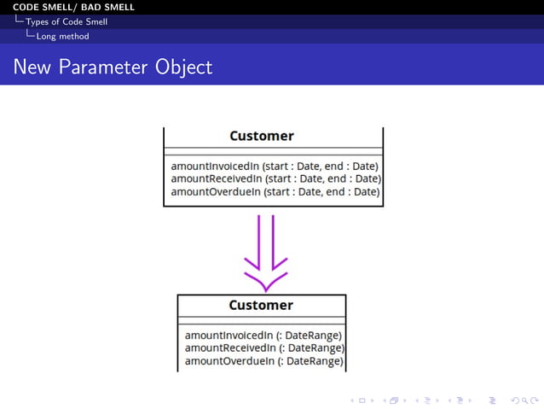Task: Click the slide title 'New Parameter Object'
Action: (113, 67)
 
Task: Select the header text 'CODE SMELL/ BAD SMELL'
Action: (73, 8)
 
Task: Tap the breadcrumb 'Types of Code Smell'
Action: (67, 21)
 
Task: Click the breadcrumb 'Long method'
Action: (62, 36)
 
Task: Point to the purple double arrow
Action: (265, 252)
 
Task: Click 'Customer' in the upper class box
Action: (262, 136)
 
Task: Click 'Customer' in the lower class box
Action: (261, 305)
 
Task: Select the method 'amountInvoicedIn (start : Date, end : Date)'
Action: (275, 166)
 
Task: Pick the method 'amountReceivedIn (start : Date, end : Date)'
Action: (275, 178)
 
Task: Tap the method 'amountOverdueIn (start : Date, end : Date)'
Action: (275, 191)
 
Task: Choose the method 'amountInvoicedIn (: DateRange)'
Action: (263, 335)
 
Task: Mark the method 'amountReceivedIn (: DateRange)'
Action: (264, 348)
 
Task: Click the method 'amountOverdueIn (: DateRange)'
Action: (263, 361)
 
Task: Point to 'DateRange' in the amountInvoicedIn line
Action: (314, 335)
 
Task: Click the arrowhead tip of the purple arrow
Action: (265, 289)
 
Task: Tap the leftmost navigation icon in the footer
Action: (359, 400)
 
